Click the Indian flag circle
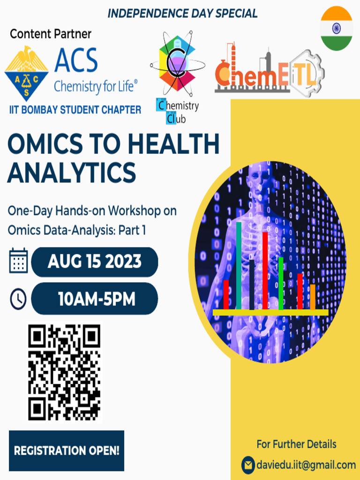[x=336, y=29]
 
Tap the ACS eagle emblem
[x=26, y=72]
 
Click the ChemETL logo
[x=269, y=75]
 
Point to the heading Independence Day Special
[x=182, y=14]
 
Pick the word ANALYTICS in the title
[x=72, y=172]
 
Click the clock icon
[x=18, y=299]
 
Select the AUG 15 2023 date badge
[x=95, y=262]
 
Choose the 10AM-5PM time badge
[x=95, y=299]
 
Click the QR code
[x=64, y=373]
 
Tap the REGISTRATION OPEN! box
[x=67, y=451]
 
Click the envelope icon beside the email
[x=248, y=465]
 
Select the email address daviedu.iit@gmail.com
[x=306, y=465]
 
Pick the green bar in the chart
[x=281, y=283]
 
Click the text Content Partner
[x=51, y=34]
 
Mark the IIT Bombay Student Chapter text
[x=75, y=110]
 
